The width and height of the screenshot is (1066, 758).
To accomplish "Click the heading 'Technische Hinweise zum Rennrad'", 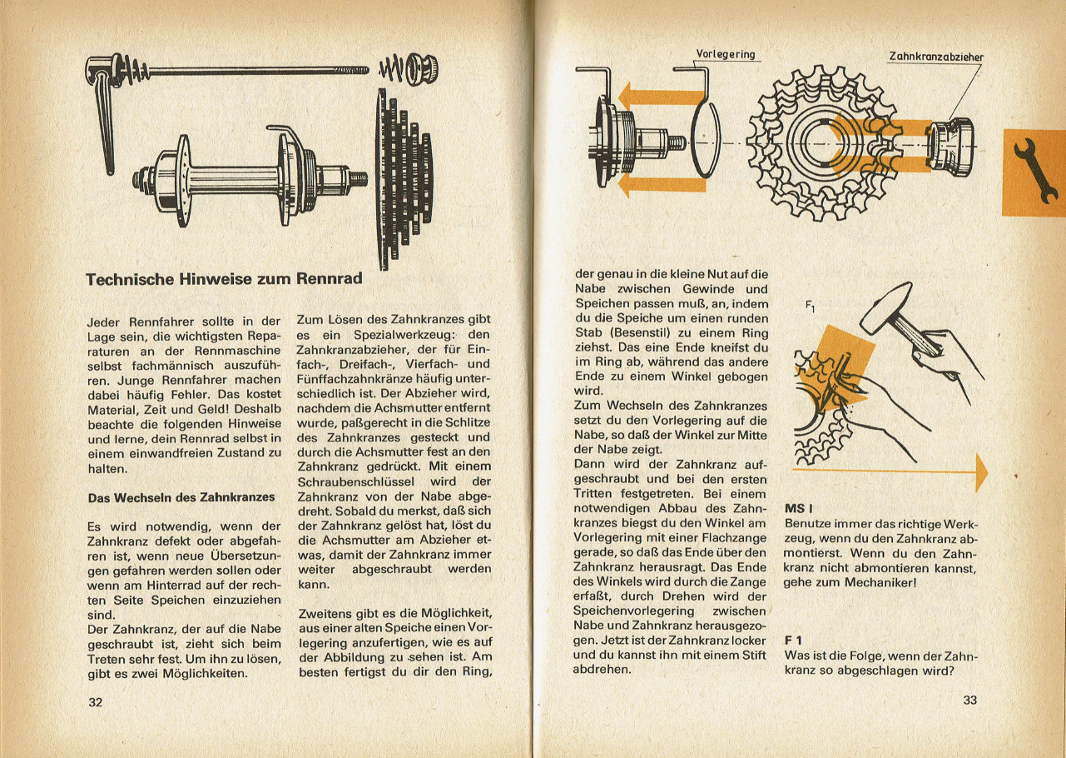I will pos(224,279).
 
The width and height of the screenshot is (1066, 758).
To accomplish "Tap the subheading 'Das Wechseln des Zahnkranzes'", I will pos(181,497).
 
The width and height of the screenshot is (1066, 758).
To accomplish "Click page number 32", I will pos(95,702).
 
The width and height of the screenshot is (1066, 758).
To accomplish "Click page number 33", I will pos(969,701).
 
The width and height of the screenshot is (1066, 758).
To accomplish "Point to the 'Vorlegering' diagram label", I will pos(725,55).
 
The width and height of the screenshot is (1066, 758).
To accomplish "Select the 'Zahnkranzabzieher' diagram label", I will pos(935,57).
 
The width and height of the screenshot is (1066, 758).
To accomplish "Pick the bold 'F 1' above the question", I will pos(794,640).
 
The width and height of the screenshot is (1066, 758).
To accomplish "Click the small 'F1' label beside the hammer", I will pos(809,307).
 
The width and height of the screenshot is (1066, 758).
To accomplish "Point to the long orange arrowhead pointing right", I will pos(980,473).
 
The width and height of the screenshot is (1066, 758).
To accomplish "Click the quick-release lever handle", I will pos(105,125).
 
